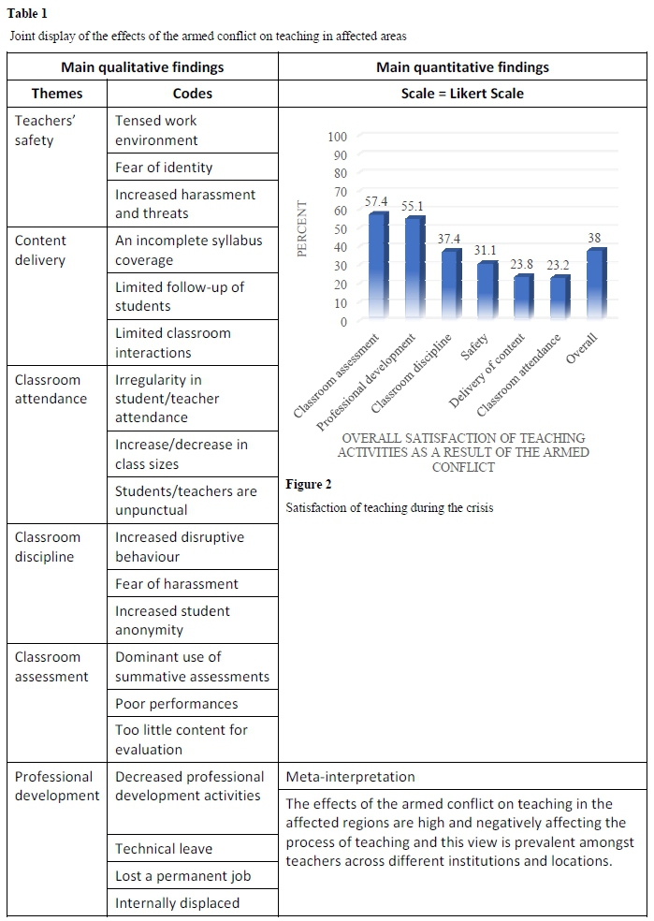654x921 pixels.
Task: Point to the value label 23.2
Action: pyautogui.click(x=558, y=265)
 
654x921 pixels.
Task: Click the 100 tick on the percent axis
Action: pyautogui.click(x=338, y=137)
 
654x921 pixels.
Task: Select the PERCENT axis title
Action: pyautogui.click(x=301, y=228)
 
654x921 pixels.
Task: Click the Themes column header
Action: pyautogui.click(x=57, y=94)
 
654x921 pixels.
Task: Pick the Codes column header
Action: pyautogui.click(x=192, y=94)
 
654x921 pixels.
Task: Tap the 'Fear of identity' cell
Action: pyautogui.click(x=164, y=168)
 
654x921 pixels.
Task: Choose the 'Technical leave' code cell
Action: pyautogui.click(x=164, y=849)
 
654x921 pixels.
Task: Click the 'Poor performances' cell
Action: pyautogui.click(x=177, y=704)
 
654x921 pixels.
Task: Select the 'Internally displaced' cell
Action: pyautogui.click(x=178, y=903)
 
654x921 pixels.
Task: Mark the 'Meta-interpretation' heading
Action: pyautogui.click(x=351, y=777)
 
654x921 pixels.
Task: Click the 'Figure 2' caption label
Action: pyautogui.click(x=309, y=484)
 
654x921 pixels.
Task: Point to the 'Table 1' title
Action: pyautogui.click(x=28, y=13)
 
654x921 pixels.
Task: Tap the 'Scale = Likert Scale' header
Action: pyautogui.click(x=462, y=94)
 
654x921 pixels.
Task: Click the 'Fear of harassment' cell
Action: pyautogui.click(x=177, y=584)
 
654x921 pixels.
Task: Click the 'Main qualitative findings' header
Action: pyautogui.click(x=142, y=67)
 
